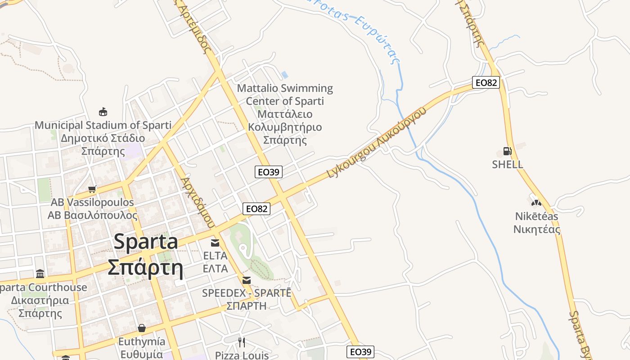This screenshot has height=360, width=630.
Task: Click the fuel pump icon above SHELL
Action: [507, 151]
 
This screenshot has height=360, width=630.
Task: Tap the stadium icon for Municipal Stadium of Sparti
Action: [103, 112]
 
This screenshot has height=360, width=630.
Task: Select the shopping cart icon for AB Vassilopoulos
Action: [92, 189]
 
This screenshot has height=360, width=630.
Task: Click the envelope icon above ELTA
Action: [215, 243]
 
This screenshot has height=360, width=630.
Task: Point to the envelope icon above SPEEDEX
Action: [247, 280]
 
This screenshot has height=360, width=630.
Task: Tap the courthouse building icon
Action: [40, 274]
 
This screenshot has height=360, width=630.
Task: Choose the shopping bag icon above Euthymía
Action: [142, 328]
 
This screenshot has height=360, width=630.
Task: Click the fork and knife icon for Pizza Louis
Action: [242, 342]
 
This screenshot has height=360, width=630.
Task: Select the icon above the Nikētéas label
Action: [536, 203]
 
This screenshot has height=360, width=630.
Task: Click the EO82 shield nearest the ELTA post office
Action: [256, 209]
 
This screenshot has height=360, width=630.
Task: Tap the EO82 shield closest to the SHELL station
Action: [486, 82]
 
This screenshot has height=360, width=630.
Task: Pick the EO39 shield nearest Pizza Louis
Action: [360, 352]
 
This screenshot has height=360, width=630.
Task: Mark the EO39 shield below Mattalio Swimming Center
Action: [269, 171]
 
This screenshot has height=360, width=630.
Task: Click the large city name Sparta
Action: [146, 242]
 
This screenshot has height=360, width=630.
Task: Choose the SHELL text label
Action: [508, 164]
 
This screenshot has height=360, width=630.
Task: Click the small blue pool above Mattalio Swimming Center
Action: [284, 74]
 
